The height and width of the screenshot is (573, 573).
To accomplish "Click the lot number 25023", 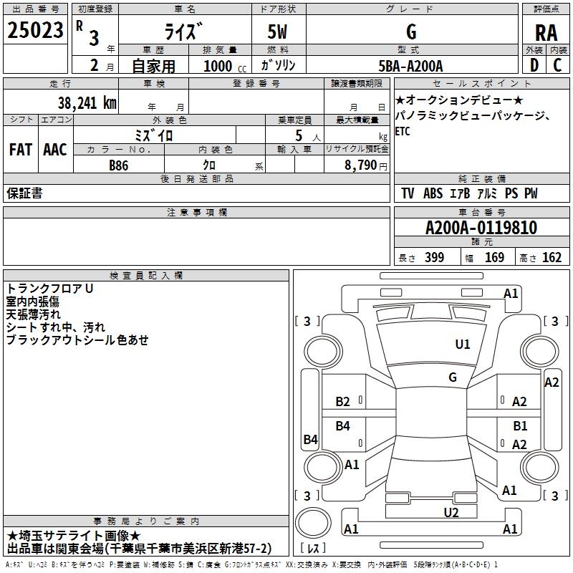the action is [x=35, y=30].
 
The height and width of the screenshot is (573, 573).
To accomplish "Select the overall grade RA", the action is [x=546, y=33].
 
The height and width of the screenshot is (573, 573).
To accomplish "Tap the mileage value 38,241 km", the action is [x=87, y=103].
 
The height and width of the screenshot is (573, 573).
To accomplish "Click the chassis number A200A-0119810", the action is [x=481, y=228].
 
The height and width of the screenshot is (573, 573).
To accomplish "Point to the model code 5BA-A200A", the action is [x=410, y=66].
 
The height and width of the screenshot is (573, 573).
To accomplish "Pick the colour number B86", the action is [x=119, y=165].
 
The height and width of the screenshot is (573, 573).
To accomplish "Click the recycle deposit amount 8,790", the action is [x=361, y=165].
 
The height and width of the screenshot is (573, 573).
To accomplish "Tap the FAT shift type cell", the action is [x=21, y=150].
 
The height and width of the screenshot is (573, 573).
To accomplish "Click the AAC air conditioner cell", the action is [x=55, y=150].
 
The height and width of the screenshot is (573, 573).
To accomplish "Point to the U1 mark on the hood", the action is [x=462, y=344].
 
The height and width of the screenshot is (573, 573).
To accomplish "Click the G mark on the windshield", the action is [x=453, y=377].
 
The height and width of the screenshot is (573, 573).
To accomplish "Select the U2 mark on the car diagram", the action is [x=451, y=512].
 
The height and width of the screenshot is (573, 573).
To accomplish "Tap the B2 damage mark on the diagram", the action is [x=342, y=402].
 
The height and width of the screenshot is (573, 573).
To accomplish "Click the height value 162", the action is [x=552, y=257].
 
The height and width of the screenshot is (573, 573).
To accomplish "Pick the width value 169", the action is [x=494, y=257].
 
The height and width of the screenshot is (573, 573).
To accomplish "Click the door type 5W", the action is [x=277, y=32].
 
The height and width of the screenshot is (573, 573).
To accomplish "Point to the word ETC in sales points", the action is [x=403, y=131].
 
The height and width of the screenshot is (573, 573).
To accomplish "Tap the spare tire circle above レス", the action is [x=313, y=523].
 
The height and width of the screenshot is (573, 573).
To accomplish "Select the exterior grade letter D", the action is [x=534, y=65].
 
